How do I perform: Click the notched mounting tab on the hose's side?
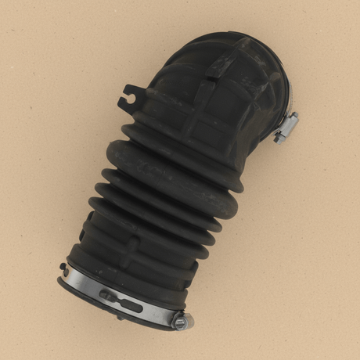[132, 95]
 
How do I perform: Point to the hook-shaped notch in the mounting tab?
[128, 98]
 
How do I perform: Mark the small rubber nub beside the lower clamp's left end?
[63, 267]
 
